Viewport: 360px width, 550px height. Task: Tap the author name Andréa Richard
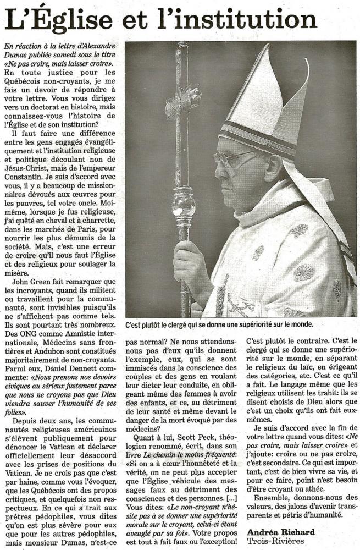point(281,532)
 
